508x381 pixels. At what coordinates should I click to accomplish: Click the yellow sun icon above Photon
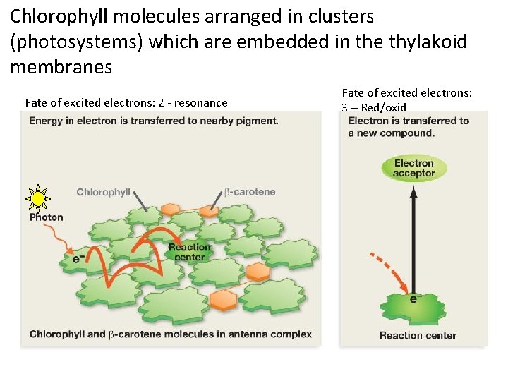38,199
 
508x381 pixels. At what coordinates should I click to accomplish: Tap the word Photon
46,217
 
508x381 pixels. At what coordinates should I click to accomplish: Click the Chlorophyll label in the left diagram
103,192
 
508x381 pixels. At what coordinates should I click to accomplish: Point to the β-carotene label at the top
250,191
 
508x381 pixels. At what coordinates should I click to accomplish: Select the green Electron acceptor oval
413,168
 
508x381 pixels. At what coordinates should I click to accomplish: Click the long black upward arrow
413,233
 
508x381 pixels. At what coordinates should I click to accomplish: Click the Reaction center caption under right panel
418,335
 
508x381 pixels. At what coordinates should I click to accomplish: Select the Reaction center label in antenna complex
189,252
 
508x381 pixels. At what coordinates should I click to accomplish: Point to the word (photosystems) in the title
77,42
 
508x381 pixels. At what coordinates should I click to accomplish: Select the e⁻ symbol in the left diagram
80,258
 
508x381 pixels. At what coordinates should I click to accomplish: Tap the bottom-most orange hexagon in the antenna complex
223,299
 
